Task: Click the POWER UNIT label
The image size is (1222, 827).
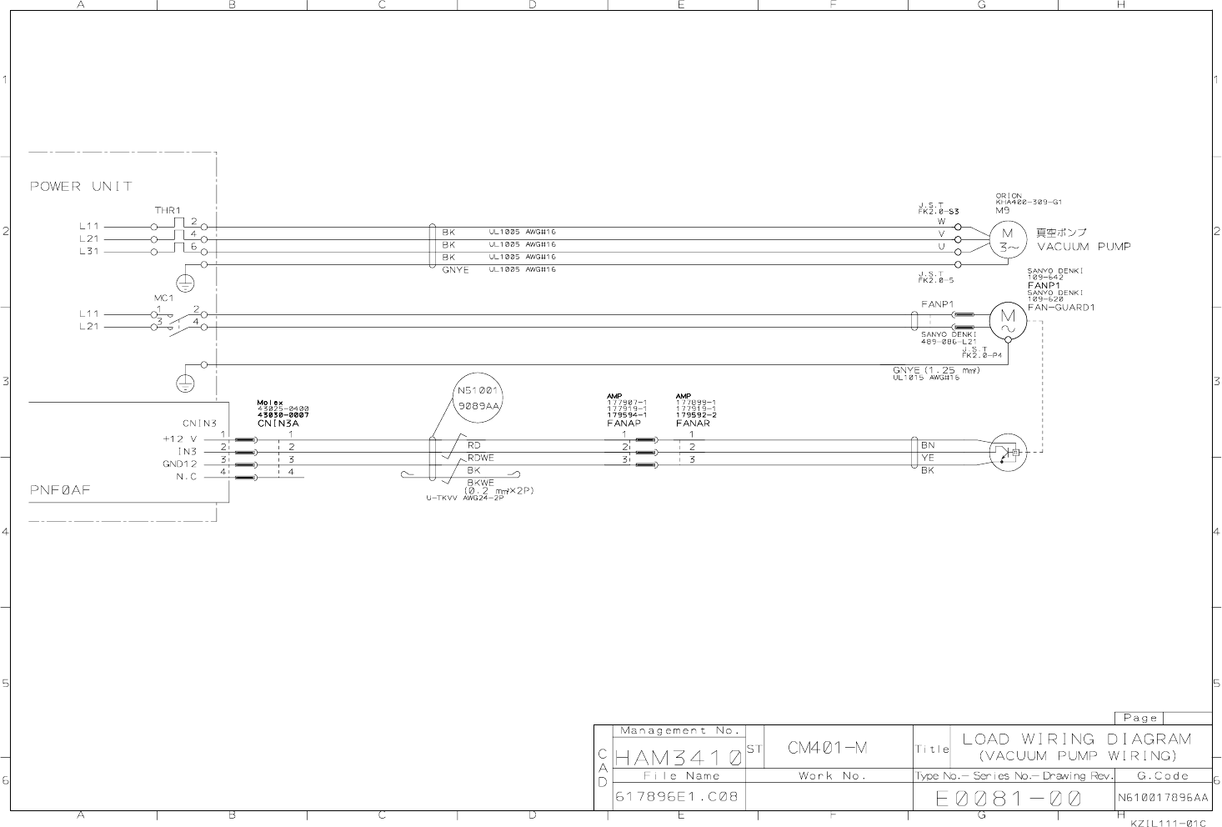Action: pos(81,186)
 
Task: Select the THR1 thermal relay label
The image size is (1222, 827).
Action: pos(167,210)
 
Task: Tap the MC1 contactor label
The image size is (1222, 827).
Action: pos(163,298)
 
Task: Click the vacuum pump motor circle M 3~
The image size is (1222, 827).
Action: pos(1009,239)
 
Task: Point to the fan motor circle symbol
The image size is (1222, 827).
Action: pos(1008,321)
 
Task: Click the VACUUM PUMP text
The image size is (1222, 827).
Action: pos(1084,247)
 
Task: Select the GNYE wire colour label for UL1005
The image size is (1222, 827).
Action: pos(455,270)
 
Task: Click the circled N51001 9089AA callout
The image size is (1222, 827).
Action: pos(478,398)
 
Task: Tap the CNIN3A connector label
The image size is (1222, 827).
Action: pos(278,424)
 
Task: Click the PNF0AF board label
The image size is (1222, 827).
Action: pos(60,490)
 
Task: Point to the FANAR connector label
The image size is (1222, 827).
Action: pos(693,424)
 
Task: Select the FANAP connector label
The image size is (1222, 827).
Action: pos(624,424)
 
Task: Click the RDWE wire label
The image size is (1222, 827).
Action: pos(480,458)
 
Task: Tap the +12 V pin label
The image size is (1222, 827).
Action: pos(180,439)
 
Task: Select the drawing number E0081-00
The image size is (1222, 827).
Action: pos(1009,798)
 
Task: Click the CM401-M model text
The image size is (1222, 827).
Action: pos(827,748)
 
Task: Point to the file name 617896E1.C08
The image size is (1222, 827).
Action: pos(676,796)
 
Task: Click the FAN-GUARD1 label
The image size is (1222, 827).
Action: pos(1061,308)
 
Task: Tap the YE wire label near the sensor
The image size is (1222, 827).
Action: pos(928,458)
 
